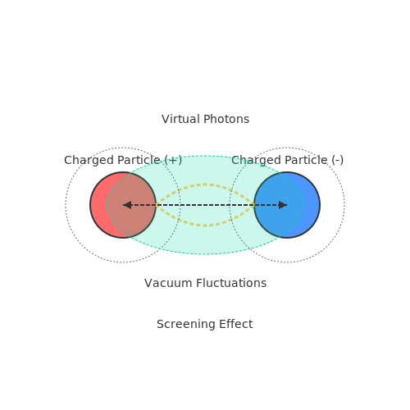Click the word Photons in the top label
[x=226, y=119]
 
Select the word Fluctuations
[x=231, y=283]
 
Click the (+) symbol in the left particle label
[x=173, y=160]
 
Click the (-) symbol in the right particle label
[x=338, y=160]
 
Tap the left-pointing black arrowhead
[x=127, y=205]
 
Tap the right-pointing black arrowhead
[x=283, y=205]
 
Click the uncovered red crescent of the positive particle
[x=98, y=205]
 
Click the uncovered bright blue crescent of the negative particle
[x=312, y=205]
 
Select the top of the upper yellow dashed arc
[x=205, y=184]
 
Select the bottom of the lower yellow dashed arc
[x=205, y=225]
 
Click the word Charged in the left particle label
[x=89, y=160]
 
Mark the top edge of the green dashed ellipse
[x=205, y=156]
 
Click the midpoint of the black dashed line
[x=205, y=205]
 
